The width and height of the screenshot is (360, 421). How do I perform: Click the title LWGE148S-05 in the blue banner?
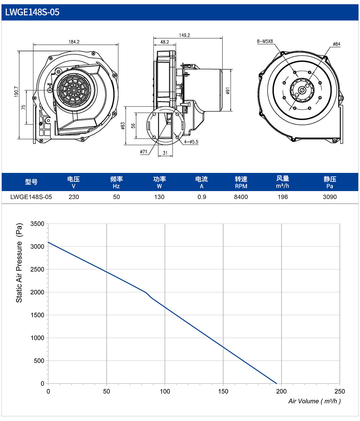coord(32,12)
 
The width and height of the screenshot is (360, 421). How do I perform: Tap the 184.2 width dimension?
coord(74,42)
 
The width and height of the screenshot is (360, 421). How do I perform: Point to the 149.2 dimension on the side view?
coord(184,35)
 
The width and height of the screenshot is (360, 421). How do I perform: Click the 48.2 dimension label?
coord(165,42)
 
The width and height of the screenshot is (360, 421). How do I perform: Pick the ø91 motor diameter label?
coord(228,91)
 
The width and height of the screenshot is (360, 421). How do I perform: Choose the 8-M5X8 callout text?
coord(265,41)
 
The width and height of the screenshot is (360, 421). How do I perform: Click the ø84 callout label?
coord(336,44)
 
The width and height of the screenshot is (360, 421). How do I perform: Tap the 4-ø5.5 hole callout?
coord(191,142)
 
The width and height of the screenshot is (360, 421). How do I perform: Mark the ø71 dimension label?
coord(144,152)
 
